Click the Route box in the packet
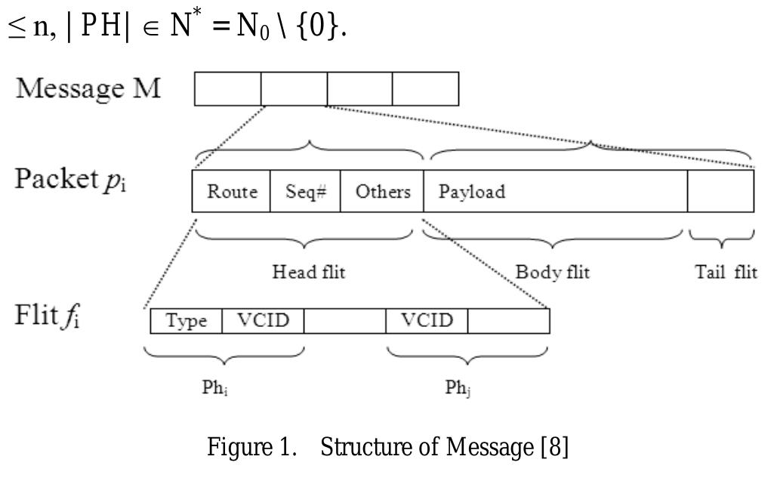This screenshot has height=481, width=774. coord(232,192)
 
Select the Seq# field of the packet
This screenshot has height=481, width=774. coord(305,192)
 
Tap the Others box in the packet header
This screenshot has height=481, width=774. coord(382,192)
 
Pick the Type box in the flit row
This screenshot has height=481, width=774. coord(187,321)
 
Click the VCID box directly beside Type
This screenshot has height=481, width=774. coord(263,321)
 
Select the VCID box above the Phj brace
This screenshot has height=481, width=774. coord(427,321)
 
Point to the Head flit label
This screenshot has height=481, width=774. coord(308,273)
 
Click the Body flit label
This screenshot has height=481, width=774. coord(552,273)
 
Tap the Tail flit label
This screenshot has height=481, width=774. coord(725,273)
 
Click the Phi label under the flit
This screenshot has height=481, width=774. coord(216,389)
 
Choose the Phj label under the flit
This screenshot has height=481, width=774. coord(458,389)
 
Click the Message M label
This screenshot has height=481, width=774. coord(88,88)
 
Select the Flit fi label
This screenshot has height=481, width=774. coord(48,315)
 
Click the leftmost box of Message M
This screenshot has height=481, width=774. coord(228,89)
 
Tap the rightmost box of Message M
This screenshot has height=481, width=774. coord(425,89)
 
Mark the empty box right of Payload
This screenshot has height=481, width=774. coord(720,192)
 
